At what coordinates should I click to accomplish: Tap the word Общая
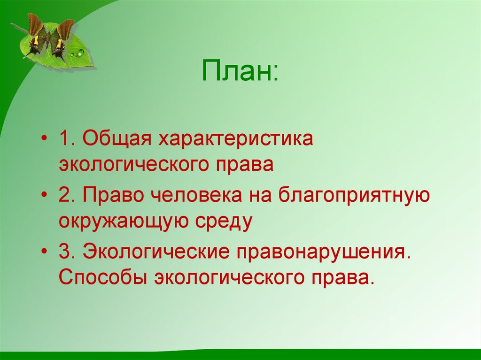[117, 138]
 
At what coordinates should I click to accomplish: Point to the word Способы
[103, 277]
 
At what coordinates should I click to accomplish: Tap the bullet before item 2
[45, 195]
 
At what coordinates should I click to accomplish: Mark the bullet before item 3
[45, 252]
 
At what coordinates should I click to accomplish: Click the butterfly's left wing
[36, 31]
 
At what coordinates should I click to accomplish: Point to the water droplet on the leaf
[80, 53]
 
